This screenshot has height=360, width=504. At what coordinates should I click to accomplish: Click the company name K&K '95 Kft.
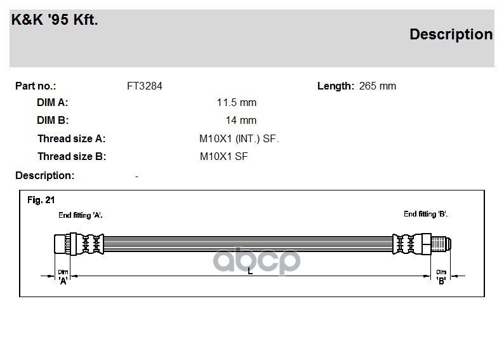(x=55, y=20)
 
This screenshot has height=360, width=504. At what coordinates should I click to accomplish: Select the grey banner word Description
(x=451, y=34)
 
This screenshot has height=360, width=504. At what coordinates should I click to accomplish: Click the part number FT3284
(x=145, y=86)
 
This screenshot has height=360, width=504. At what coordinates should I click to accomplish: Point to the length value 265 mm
(x=377, y=86)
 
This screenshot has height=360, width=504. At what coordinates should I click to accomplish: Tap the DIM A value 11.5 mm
(x=237, y=102)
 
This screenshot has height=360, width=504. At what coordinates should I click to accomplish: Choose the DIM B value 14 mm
(x=241, y=120)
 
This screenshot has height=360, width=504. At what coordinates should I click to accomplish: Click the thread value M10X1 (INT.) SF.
(x=239, y=139)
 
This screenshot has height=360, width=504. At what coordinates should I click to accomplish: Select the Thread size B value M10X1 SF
(x=223, y=157)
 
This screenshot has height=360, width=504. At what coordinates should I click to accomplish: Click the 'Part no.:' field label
(x=36, y=86)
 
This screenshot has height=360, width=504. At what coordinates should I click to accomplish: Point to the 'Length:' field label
(x=336, y=86)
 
